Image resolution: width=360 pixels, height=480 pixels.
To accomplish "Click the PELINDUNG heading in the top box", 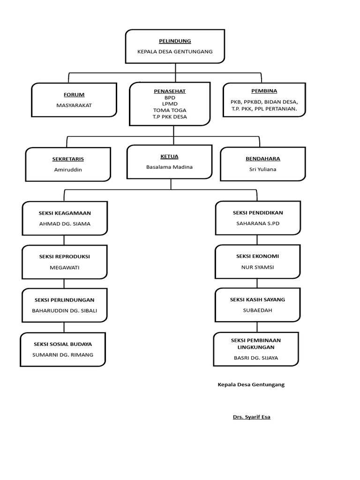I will pos(175,41).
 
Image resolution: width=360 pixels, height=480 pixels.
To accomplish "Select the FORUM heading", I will pos(74,95).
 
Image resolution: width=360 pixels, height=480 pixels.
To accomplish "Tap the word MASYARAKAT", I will pos(74,105).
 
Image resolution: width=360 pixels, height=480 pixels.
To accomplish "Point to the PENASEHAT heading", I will pos(169,91).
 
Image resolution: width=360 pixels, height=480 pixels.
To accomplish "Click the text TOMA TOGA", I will pos(169,110).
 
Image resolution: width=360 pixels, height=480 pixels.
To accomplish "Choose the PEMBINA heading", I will pos(264,91).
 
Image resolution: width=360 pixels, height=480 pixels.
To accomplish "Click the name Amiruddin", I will pos(68,170).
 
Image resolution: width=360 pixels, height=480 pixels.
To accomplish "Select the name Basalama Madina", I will pos(169,167).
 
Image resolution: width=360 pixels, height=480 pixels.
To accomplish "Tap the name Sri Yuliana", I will pos(262,169).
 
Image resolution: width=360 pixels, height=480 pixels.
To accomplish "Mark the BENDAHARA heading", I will pos(262,159).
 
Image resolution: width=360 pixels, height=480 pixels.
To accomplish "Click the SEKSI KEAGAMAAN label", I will pos(65,213).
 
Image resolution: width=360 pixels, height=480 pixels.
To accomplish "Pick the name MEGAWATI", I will pos(65,267).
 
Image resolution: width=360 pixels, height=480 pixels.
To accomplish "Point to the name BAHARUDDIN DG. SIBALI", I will pos(65,310).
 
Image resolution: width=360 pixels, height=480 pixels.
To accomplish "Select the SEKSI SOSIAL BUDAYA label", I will pos(63,344).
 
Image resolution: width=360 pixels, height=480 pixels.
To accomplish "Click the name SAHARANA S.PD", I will pos(258,224).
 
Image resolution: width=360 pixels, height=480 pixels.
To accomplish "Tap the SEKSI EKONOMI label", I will pos(258,256).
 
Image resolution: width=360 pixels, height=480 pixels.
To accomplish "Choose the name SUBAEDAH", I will pos(258,310).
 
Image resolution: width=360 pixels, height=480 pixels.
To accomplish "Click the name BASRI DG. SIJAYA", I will pos(256,358).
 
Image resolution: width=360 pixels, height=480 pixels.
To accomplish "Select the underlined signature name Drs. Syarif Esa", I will pos(252,417).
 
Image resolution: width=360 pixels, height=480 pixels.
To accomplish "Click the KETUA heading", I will pos(169,157).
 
